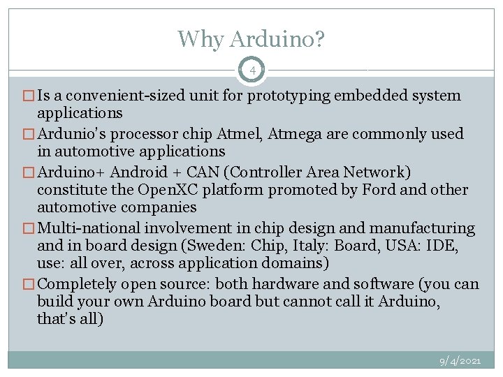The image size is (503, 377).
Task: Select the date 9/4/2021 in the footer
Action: point(460,361)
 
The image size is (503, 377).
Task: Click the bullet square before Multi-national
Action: point(31,228)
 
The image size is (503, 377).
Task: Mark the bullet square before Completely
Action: point(31,284)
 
